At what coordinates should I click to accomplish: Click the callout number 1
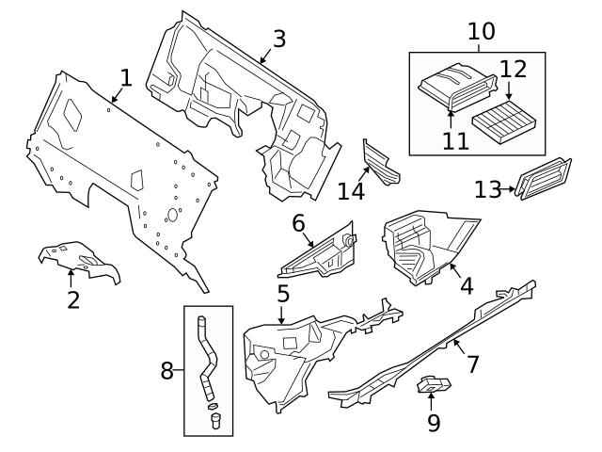click(126, 76)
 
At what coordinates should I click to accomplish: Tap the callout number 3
click(278, 39)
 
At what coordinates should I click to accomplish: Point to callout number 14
click(351, 191)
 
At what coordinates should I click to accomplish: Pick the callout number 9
click(434, 423)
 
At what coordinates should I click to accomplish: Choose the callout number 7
click(472, 363)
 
